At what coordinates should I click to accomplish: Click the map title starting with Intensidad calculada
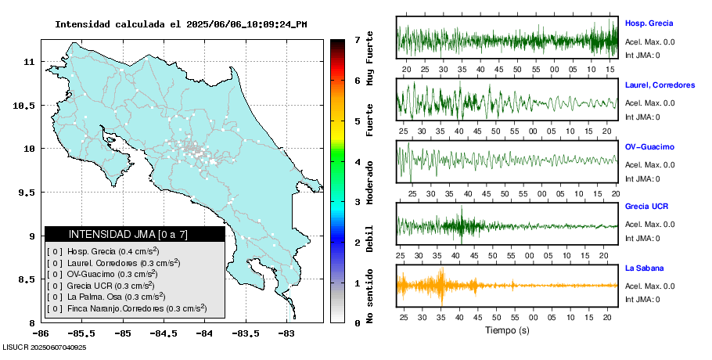(181, 24)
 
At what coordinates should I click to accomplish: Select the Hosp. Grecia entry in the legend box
(102, 252)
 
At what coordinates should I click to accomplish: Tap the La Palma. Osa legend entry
(105, 297)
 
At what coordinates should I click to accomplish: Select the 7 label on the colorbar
(357, 39)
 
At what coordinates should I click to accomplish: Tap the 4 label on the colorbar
(357, 162)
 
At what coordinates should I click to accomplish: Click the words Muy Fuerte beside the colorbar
(370, 59)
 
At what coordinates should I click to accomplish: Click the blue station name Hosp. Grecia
(649, 23)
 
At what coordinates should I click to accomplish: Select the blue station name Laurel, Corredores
(660, 85)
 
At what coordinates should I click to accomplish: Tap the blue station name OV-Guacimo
(649, 146)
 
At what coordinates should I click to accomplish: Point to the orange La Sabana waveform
(507, 286)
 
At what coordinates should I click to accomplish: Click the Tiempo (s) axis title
(508, 330)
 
